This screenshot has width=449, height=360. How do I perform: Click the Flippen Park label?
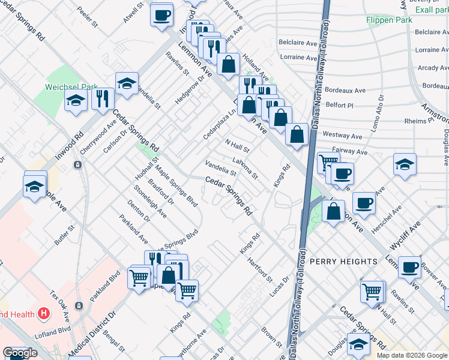pyautogui.click(x=389, y=20)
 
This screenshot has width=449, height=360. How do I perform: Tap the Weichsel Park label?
pyautogui.click(x=71, y=87)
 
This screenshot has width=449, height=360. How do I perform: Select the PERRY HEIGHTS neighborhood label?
pyautogui.click(x=343, y=262)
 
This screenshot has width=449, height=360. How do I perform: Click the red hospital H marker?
pyautogui.click(x=43, y=313)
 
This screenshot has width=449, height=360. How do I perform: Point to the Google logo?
pyautogui.click(x=20, y=353)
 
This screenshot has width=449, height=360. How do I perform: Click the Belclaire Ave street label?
pyautogui.click(x=298, y=43)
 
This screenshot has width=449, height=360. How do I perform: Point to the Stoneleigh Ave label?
pyautogui.click(x=150, y=204)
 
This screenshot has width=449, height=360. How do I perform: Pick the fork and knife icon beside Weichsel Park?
pyautogui.click(x=103, y=98)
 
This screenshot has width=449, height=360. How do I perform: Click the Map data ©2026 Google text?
pyautogui.click(x=412, y=355)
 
